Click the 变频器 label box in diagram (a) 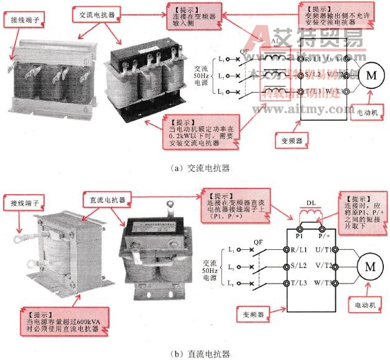coord(290,141)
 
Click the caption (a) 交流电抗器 coord(195,167)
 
